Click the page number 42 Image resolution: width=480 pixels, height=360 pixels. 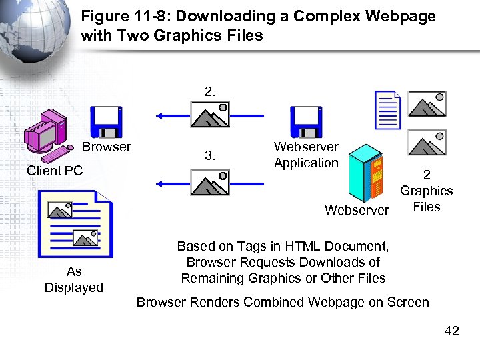(451, 331)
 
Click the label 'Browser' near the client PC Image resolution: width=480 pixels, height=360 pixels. (107, 147)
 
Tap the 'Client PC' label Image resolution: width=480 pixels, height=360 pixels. (55, 171)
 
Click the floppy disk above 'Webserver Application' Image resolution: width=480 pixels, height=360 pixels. (306, 121)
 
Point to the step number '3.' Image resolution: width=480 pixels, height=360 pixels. (210, 156)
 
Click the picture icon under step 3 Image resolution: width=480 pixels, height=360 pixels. (210, 181)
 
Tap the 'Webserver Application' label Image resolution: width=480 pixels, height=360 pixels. (306, 155)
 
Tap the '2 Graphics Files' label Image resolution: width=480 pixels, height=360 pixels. (427, 191)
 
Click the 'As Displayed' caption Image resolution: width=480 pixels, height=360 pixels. (74, 279)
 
